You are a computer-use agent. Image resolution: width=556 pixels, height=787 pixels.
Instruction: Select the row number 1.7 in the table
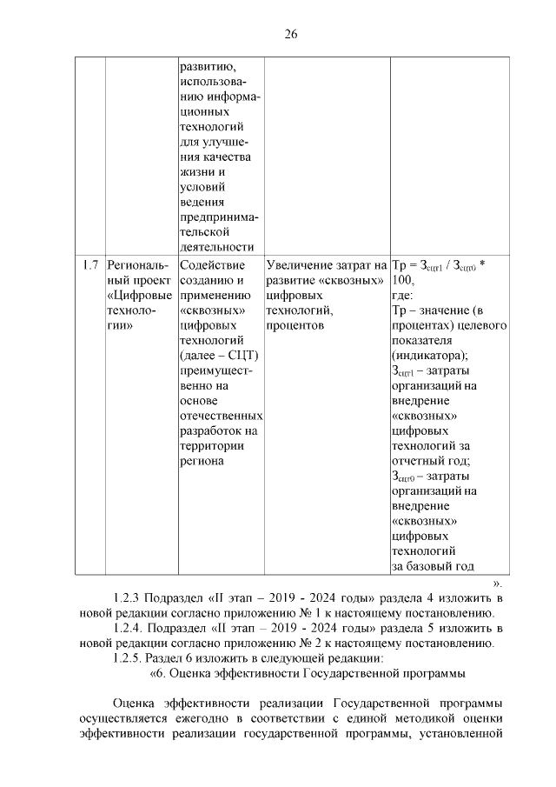(89, 265)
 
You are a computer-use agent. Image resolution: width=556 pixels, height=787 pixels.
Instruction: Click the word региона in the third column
(202, 461)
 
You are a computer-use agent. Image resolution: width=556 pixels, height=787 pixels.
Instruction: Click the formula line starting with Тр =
(438, 265)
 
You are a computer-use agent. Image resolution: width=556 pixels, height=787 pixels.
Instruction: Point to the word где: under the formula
(404, 295)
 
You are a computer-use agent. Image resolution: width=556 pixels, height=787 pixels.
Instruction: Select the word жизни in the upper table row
(196, 171)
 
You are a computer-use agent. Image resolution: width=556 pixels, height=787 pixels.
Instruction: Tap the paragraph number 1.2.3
(128, 598)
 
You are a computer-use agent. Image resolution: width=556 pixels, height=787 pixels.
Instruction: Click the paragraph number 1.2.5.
(128, 657)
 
